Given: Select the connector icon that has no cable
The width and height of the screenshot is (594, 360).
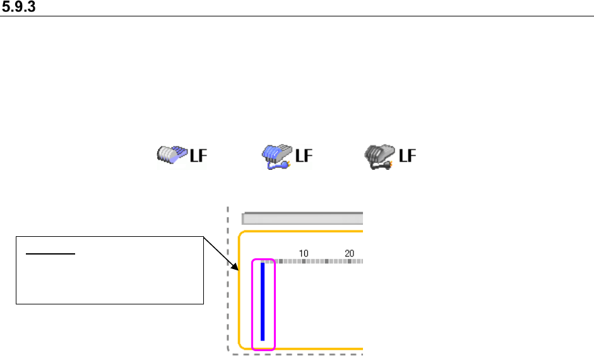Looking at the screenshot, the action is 172,155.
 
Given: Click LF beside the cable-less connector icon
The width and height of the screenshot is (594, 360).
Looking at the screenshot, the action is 199,155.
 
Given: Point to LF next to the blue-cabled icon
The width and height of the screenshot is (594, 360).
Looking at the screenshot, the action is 304,155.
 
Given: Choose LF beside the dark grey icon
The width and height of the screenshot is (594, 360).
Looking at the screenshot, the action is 407,155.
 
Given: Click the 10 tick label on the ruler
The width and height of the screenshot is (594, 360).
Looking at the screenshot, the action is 304,253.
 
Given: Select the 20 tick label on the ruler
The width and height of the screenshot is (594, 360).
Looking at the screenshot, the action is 349,253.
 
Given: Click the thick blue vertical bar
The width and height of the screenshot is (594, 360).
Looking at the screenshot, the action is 263,301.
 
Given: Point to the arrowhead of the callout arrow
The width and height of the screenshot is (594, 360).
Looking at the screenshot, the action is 237,270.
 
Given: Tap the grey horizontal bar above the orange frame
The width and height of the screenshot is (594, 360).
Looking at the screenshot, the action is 303,219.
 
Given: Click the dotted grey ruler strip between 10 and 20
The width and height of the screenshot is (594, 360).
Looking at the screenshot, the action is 326,261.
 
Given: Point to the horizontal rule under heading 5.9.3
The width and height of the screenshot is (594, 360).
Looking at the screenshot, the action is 297,16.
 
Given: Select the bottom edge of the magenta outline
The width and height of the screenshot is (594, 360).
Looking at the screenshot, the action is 264,349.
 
